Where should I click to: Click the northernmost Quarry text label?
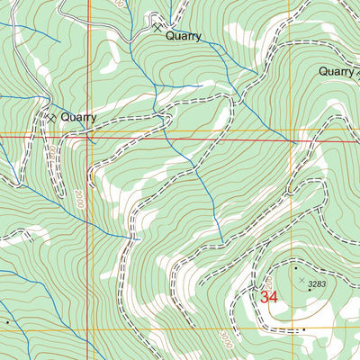click(184, 37)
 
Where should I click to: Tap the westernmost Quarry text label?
click(78, 117)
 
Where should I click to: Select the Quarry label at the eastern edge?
click(339, 72)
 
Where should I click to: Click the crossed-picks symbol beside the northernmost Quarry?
click(158, 28)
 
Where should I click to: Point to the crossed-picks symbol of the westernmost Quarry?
click(52, 117)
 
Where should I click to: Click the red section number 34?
click(268, 295)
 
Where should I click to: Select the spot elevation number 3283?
click(316, 285)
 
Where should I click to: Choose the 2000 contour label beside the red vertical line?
click(78, 197)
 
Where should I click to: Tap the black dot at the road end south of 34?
click(303, 329)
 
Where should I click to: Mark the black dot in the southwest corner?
click(8, 320)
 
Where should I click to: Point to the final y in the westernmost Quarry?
click(93, 119)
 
